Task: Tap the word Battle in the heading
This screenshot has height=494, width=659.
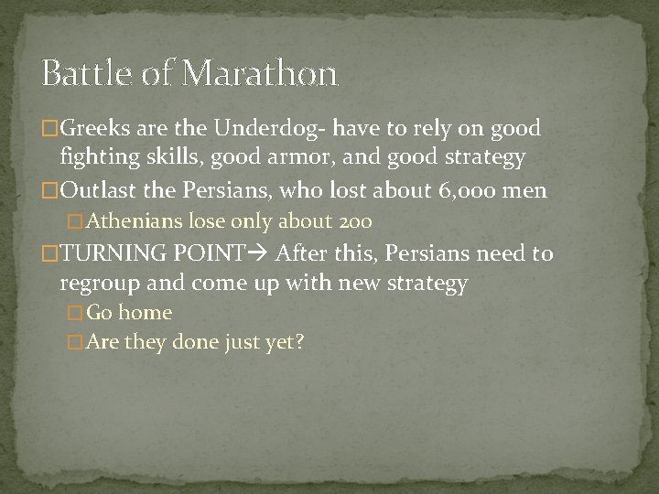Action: (x=89, y=72)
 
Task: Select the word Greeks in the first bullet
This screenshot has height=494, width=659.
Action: (x=95, y=128)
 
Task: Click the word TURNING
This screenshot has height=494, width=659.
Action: (x=106, y=253)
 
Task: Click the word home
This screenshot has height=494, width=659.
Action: (x=146, y=313)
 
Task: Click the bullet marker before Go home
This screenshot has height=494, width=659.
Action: (x=77, y=313)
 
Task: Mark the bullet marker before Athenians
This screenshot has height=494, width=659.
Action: (x=77, y=220)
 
